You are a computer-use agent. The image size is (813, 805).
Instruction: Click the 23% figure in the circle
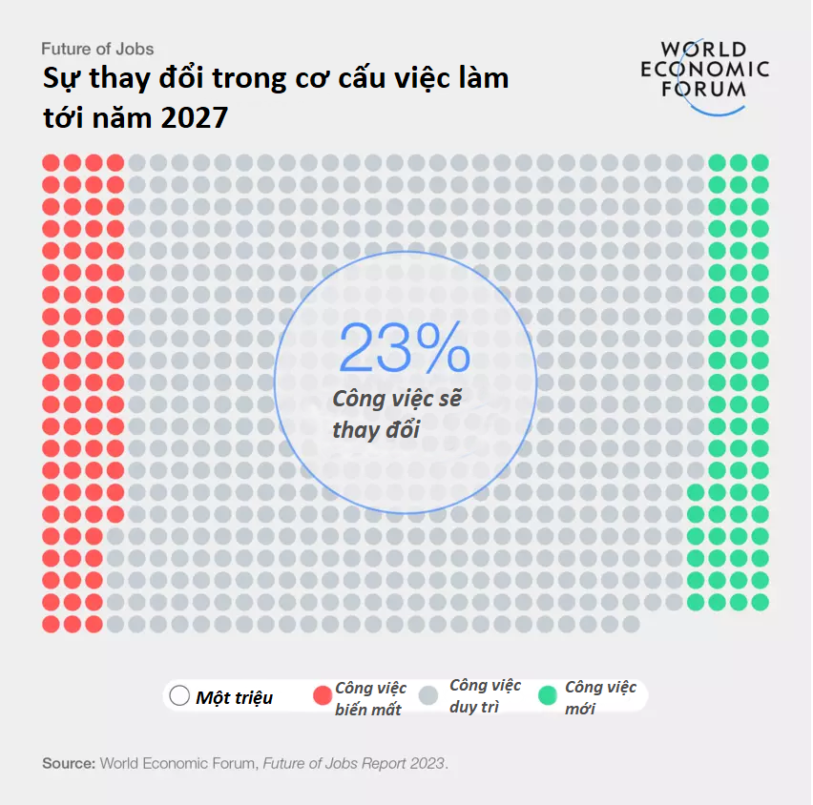[404, 348]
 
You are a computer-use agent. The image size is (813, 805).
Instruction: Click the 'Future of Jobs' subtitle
[97, 49]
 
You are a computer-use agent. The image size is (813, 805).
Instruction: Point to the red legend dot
[322, 696]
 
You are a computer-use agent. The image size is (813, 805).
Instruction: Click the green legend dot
[548, 696]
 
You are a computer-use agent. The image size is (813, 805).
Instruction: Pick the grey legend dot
[434, 696]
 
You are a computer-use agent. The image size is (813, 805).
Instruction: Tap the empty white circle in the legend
[178, 696]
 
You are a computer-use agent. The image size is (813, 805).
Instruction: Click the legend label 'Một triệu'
[234, 697]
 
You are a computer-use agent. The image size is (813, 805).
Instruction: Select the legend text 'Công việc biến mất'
[370, 698]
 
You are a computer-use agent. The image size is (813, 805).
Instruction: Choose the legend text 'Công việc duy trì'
[485, 696]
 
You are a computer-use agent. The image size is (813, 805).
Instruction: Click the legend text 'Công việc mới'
[600, 697]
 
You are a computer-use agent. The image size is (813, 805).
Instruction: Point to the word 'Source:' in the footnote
[69, 763]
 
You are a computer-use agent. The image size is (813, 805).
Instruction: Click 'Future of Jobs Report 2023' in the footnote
[353, 763]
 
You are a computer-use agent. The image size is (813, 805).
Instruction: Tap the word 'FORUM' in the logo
[703, 89]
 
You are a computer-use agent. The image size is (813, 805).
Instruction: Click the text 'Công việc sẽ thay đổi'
[396, 414]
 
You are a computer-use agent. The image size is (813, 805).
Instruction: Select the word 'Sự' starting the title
[59, 78]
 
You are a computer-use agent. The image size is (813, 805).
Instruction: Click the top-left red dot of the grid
[51, 162]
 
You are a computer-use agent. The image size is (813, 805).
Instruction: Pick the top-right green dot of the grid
[761, 162]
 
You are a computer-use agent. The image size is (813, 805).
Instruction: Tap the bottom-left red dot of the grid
[51, 624]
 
